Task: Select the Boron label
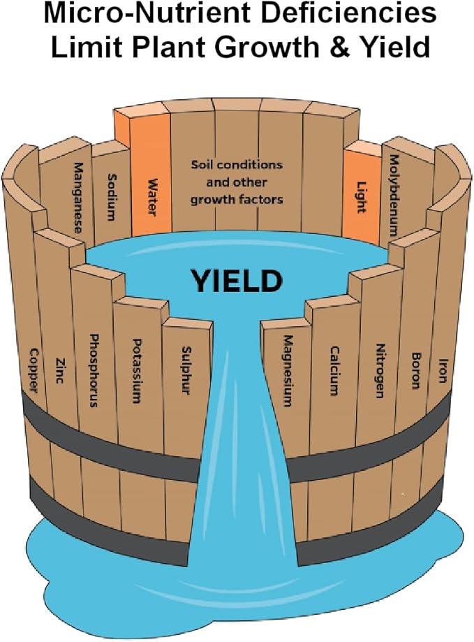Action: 415,370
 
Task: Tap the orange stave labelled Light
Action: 361,198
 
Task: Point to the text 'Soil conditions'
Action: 237,165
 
